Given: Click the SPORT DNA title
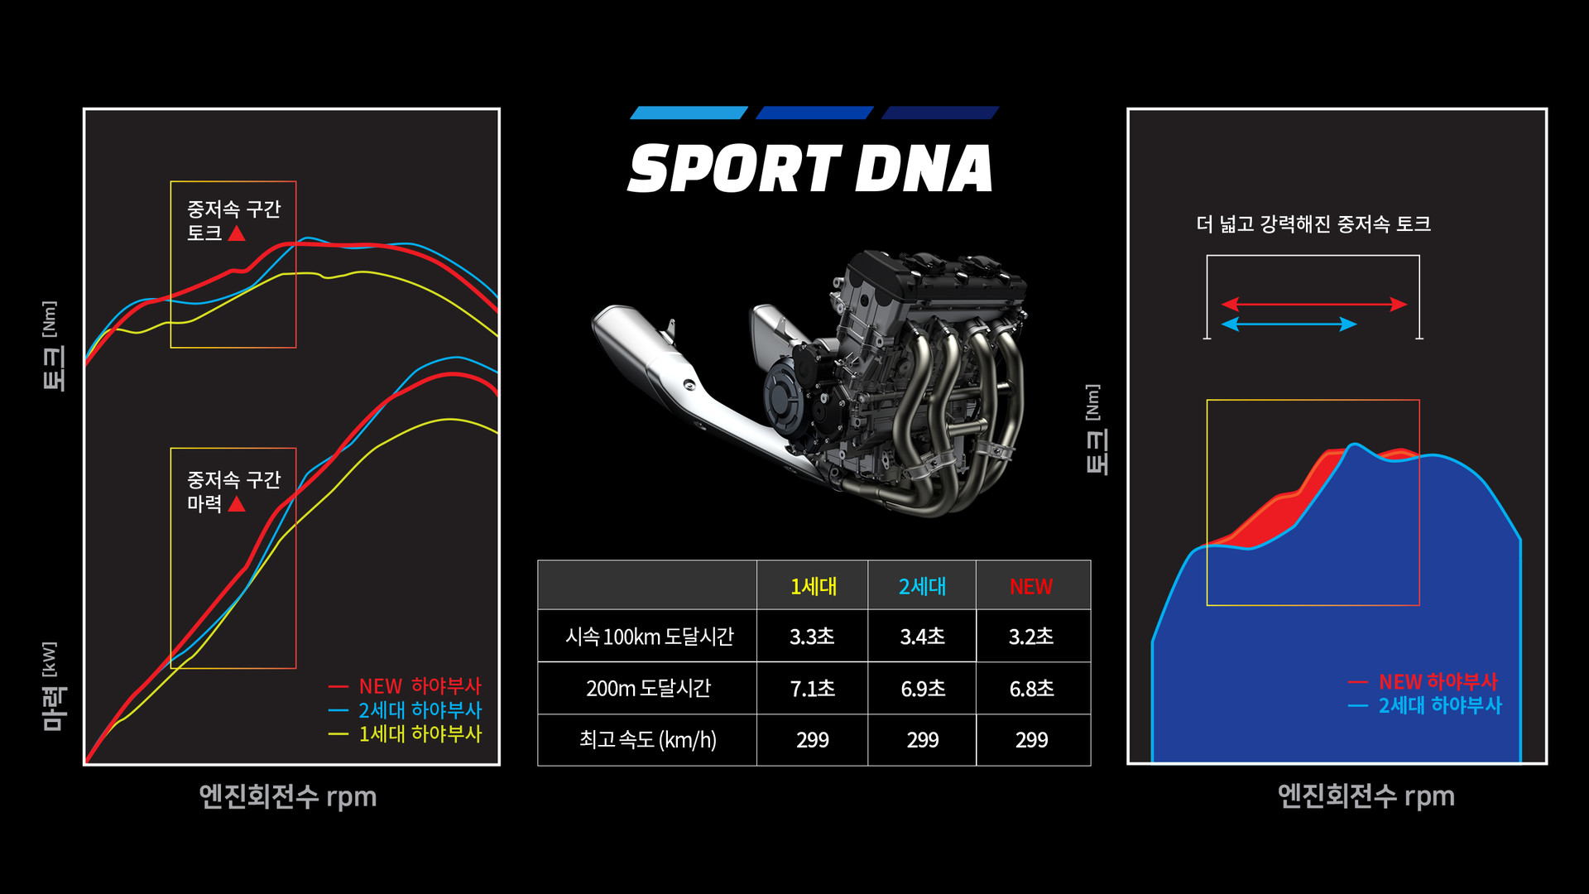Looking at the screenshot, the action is click(810, 169).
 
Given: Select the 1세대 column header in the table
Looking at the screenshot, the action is click(813, 586).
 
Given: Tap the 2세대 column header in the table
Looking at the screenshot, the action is click(922, 586).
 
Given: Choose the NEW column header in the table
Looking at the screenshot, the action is click(1031, 586).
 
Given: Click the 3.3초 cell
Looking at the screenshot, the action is click(812, 636).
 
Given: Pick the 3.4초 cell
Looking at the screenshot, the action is click(922, 636).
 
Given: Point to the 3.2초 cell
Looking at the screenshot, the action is click(1031, 636).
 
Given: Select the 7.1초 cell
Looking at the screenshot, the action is click(812, 688).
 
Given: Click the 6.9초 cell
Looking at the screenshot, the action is click(922, 688).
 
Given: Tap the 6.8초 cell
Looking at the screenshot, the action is click(1031, 688).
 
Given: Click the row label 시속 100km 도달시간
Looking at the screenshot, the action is click(650, 636).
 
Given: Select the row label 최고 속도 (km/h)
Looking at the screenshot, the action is click(648, 739).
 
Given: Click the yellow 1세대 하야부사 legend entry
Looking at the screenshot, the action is click(405, 733).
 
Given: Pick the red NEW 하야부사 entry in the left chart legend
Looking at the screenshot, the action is click(405, 685).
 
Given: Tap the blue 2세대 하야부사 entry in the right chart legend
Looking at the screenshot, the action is click(1425, 705).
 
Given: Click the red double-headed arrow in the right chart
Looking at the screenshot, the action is click(1314, 304).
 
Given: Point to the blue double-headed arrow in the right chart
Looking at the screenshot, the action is click(1289, 324).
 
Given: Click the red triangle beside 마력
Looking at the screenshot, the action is click(237, 503).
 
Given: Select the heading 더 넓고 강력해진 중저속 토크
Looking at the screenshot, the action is click(1313, 223).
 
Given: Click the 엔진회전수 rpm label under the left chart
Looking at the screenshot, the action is click(288, 796).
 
